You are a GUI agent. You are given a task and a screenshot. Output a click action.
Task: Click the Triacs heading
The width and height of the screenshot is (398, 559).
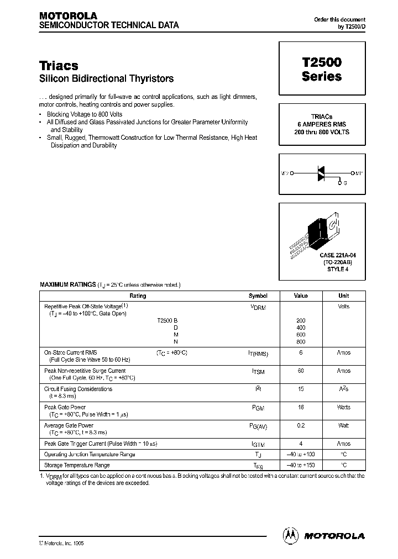[x=59, y=66]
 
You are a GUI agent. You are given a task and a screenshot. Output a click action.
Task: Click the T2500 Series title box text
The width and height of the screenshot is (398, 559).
[x=321, y=70]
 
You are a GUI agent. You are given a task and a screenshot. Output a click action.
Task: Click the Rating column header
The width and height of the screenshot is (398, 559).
[x=138, y=296]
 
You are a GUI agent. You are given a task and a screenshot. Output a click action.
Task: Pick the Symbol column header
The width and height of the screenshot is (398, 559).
[x=258, y=296]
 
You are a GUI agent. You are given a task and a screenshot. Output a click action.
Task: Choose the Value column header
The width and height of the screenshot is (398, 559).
[x=301, y=296]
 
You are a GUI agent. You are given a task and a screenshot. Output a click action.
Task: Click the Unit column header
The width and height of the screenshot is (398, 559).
[x=344, y=296]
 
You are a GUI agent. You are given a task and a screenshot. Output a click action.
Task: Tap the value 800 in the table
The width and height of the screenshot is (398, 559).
[x=301, y=341]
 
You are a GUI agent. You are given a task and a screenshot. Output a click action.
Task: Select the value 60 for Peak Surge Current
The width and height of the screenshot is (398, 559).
[x=301, y=371]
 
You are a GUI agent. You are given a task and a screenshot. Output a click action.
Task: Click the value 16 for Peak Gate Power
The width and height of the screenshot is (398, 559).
[x=301, y=407]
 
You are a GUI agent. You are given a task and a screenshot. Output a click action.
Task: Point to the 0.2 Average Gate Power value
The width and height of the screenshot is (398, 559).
[x=301, y=425]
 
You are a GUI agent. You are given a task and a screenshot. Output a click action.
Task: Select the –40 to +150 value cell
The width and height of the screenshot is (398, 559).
[x=301, y=465]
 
